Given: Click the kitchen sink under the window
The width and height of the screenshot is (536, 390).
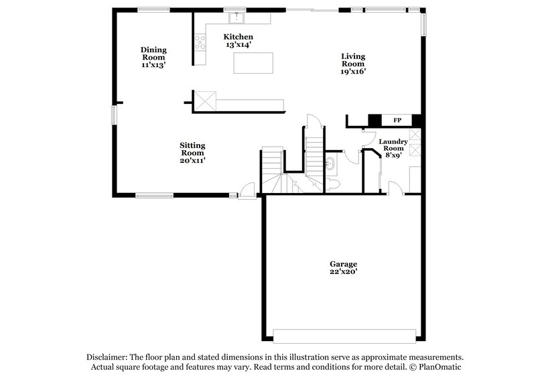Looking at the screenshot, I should [x=235, y=17].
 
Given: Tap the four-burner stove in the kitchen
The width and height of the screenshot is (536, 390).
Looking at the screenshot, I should [x=200, y=42].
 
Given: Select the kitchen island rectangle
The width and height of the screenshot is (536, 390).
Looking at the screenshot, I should [x=253, y=63].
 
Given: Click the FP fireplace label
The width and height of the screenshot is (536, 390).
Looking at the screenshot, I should [x=397, y=121].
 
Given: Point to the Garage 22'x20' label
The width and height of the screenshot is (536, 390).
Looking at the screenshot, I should [x=342, y=268].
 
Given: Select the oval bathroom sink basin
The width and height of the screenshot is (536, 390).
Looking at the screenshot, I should [x=330, y=163].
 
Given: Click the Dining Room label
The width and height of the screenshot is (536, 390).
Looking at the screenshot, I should [x=153, y=57].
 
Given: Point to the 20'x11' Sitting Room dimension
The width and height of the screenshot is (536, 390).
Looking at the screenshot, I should [x=192, y=160].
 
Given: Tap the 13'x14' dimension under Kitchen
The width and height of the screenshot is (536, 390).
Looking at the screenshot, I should [x=239, y=45].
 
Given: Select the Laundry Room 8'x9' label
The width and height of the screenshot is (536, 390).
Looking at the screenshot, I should [x=393, y=148].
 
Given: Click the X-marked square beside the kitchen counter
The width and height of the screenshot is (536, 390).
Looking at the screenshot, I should [x=204, y=103].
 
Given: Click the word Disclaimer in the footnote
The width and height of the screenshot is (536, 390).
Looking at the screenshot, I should [x=109, y=357].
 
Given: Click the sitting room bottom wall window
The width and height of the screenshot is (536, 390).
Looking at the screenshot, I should [x=155, y=195].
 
